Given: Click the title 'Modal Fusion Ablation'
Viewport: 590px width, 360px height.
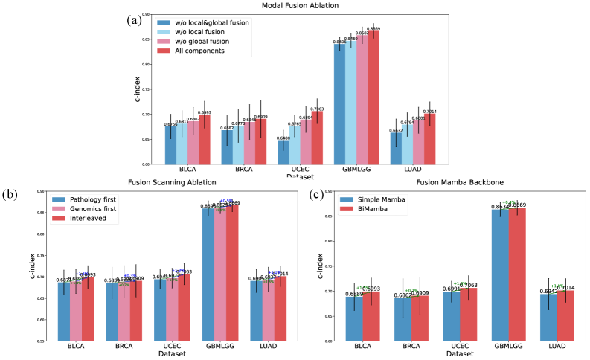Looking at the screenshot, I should click(295, 6).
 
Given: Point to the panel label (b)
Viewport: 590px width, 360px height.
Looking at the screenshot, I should click(11, 196).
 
